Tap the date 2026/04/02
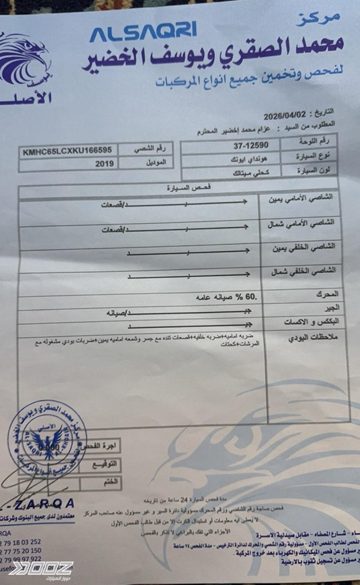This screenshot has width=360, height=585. (x=285, y=116)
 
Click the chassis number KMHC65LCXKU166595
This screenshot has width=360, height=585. (x=67, y=151)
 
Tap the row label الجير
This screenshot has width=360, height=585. (x=332, y=307)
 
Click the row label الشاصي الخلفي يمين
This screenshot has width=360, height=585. (x=303, y=248)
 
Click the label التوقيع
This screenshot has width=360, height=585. (x=105, y=464)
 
